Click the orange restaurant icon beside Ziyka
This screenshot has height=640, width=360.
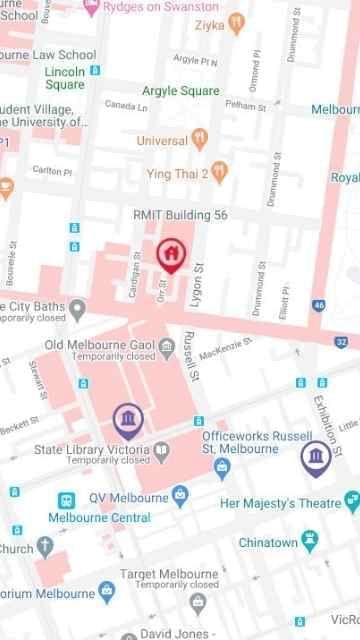236,21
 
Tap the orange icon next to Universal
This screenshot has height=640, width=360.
200,139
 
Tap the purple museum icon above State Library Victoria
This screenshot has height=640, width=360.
127,418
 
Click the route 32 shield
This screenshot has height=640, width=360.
342,342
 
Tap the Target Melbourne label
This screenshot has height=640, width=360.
168,574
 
